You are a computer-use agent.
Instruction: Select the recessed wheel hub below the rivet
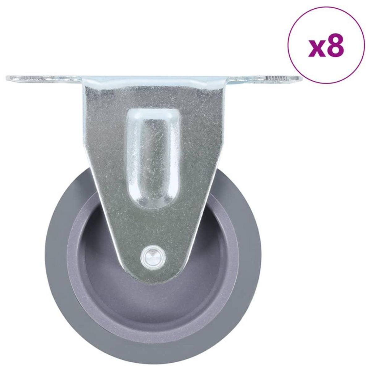pyautogui.click(x=154, y=297)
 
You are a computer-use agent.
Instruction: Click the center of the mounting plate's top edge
pyautogui.click(x=154, y=75)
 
